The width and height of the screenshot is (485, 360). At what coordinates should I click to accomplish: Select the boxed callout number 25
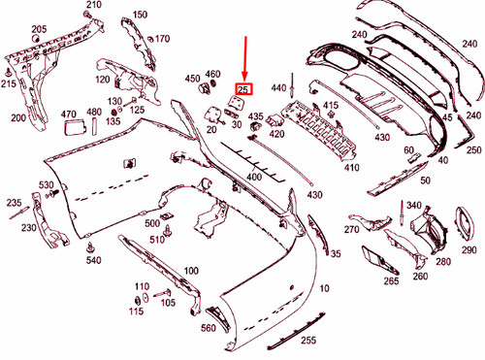pyautogui.click(x=242, y=89)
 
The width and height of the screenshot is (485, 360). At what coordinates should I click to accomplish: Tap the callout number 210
pyautogui.click(x=93, y=6)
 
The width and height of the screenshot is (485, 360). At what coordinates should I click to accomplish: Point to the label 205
pyautogui.click(x=39, y=29)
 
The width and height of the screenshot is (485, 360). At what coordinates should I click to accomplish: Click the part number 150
pyautogui.click(x=141, y=15)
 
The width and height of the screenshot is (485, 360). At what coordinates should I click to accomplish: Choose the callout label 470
pyautogui.click(x=70, y=113)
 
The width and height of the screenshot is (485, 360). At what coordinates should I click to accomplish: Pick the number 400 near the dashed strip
pyautogui.click(x=255, y=177)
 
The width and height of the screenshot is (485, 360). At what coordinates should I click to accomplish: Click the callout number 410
pyautogui.click(x=352, y=167)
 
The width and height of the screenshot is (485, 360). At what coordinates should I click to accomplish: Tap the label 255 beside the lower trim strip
pyautogui.click(x=308, y=341)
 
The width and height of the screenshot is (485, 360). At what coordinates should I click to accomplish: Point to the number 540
pyautogui.click(x=93, y=261)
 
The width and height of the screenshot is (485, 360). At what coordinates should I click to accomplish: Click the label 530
pyautogui.click(x=47, y=184)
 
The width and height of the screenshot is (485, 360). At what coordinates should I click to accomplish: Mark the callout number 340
pyautogui.click(x=414, y=206)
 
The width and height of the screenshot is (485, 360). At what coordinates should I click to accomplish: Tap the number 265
pyautogui.click(x=391, y=281)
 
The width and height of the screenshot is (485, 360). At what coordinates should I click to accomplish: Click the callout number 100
pyautogui.click(x=191, y=271)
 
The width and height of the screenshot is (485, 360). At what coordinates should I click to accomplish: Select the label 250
pyautogui.click(x=472, y=150)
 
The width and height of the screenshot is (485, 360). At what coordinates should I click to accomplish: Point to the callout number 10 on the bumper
pyautogui.click(x=323, y=287)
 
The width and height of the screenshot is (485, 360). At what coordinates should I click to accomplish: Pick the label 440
pyautogui.click(x=279, y=87)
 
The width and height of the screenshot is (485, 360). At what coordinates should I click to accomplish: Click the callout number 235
pyautogui.click(x=14, y=203)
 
